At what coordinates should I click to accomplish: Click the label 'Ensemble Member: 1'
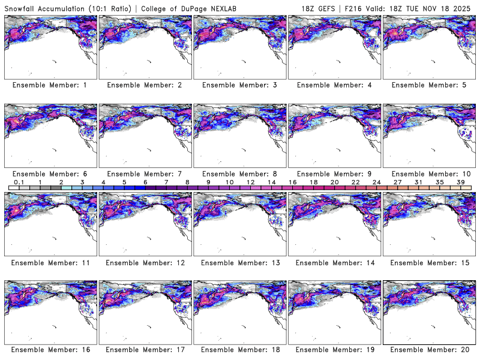tap(50, 85)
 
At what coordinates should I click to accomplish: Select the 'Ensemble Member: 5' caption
tap(428, 85)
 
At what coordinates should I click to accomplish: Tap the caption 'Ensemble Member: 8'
tap(239, 173)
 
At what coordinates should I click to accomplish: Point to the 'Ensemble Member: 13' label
tap(239, 262)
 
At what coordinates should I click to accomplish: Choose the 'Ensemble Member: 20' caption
tap(428, 350)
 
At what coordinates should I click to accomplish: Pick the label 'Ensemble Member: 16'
tap(50, 350)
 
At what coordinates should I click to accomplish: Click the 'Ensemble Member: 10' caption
tap(428, 173)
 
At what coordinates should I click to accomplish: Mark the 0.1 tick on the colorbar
tap(19, 182)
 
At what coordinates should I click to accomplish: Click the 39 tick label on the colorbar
tap(460, 182)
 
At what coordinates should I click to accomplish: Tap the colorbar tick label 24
tap(376, 182)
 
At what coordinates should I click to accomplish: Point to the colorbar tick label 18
tap(313, 182)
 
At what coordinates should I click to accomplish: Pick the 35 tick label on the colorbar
tap(439, 182)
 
